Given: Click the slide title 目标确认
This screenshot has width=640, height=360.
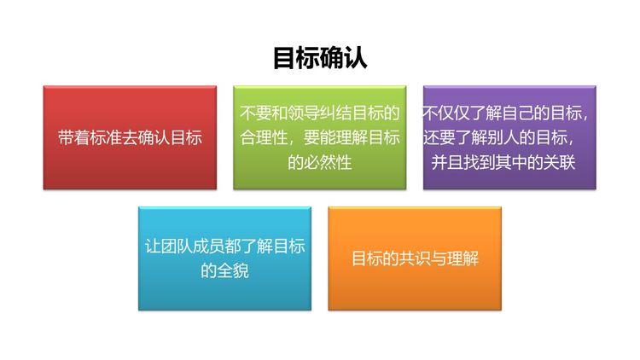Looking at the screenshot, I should click(x=320, y=58).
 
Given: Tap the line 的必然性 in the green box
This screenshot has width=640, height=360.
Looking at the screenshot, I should click(x=320, y=161).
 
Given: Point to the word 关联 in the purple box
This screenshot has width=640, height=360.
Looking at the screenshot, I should click(x=559, y=161).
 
